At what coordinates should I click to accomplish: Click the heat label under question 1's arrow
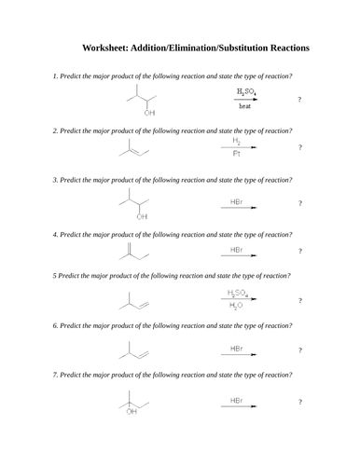pos(244,106)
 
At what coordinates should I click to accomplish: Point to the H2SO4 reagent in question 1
pos(246,91)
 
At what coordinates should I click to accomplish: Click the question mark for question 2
pos(299,147)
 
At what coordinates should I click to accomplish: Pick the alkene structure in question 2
pos(134,149)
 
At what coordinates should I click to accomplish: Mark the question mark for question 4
pos(299,251)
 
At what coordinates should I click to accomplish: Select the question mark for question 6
pos(299,351)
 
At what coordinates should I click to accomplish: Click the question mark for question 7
pos(299,402)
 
